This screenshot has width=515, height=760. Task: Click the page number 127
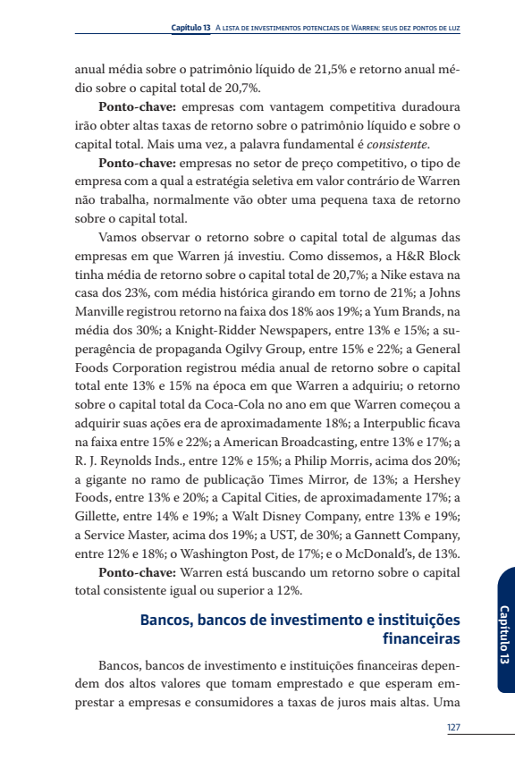[x=453, y=727]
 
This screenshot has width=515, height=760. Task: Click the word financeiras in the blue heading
[x=421, y=638]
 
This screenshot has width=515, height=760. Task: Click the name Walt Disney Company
[x=279, y=517]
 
